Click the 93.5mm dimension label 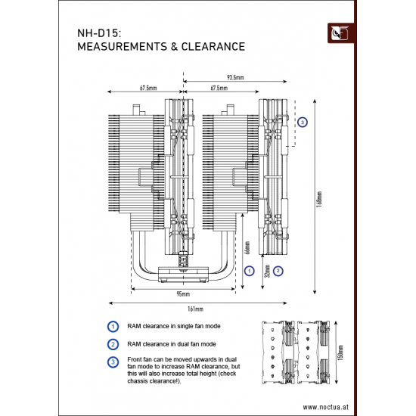(235, 77)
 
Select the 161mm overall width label (194, 309)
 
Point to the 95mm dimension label (182, 292)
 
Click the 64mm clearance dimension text (247, 249)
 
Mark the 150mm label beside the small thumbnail (340, 352)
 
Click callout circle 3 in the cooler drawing (303, 122)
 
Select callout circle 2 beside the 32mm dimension (279, 270)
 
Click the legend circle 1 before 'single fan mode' (113, 327)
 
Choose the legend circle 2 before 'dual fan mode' (113, 343)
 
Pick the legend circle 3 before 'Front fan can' (113, 361)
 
